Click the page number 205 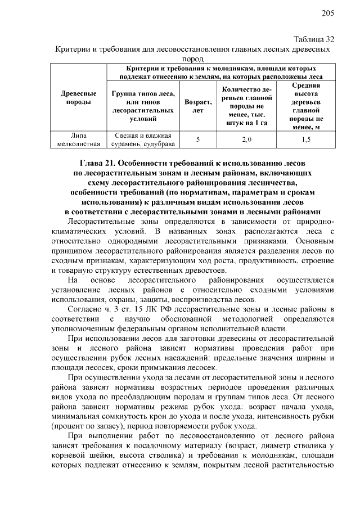point(328,13)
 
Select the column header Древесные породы point(78,98)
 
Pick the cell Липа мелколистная point(78,140)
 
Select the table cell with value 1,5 point(306,140)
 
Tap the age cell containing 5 point(197,140)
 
